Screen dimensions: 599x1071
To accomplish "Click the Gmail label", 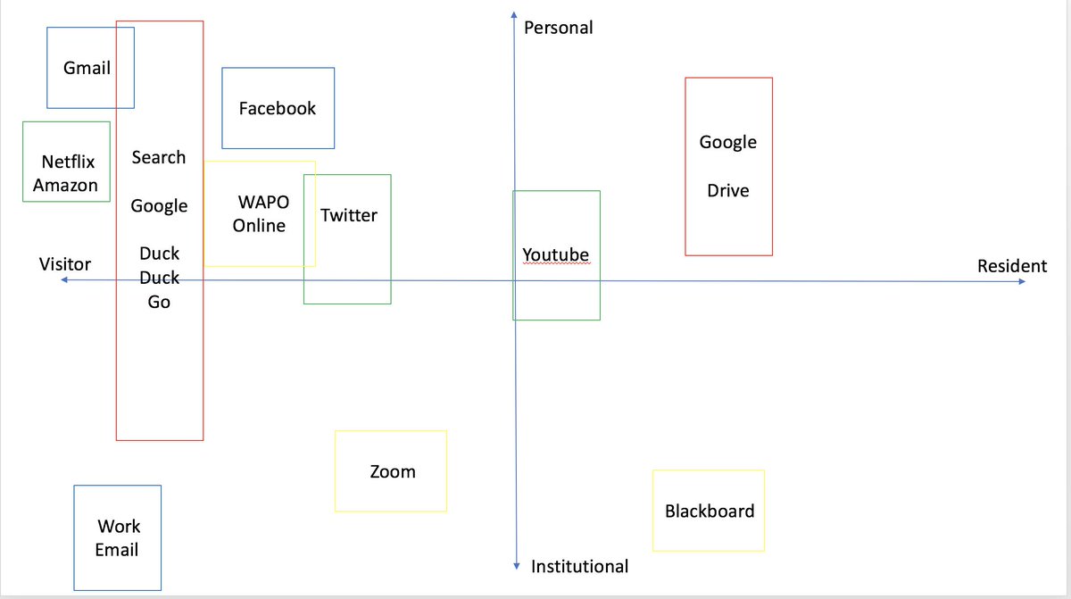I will (87, 68).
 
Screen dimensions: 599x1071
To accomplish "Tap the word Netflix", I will (68, 162).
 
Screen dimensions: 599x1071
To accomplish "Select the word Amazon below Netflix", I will (65, 186).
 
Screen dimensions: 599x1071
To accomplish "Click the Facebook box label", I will (277, 108).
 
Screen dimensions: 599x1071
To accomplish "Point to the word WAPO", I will (263, 203).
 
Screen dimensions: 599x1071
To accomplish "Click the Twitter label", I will (348, 215).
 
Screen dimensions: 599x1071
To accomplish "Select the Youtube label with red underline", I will (555, 255).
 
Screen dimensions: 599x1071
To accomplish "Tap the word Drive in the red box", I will (727, 191).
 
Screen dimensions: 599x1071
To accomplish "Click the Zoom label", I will (392, 471).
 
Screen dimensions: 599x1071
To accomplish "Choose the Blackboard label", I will (709, 512).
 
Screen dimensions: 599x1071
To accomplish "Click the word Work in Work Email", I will (119, 527).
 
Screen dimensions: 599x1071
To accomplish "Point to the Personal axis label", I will (558, 28).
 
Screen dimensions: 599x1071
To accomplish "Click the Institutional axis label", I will (579, 566).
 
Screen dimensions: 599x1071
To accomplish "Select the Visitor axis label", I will (64, 264).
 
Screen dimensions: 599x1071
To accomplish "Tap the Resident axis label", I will (1011, 266).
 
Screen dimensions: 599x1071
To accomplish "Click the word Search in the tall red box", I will (159, 157).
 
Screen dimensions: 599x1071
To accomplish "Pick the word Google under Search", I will (159, 206).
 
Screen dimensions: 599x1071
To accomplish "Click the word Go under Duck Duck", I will (159, 302).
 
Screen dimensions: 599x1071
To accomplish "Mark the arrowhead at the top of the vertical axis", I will (515, 14).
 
